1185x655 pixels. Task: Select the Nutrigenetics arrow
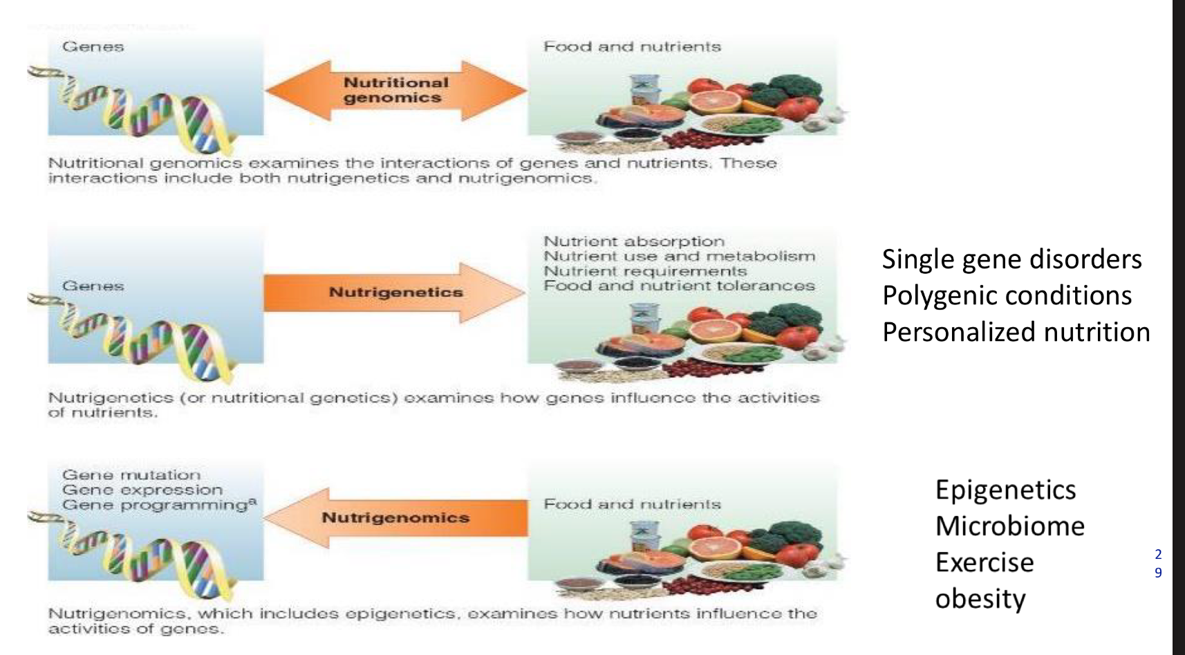tap(395, 293)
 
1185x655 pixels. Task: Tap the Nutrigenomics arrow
tap(395, 518)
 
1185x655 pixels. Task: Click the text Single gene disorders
tap(1011, 259)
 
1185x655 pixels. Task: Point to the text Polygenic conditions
tap(1007, 296)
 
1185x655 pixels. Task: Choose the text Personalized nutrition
tap(1016, 333)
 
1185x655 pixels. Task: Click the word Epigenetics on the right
tap(1005, 490)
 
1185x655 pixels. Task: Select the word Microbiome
tap(1009, 526)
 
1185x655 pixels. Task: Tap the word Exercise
tap(984, 563)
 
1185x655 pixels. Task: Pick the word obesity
tap(980, 599)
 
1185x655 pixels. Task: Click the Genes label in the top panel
tap(93, 47)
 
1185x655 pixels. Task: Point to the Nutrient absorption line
tap(633, 241)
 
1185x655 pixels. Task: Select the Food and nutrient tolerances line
tap(678, 286)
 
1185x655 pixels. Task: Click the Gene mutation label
tap(131, 475)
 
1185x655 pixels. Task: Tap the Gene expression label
tap(142, 490)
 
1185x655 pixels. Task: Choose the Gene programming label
tap(158, 505)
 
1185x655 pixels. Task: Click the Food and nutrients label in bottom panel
tap(631, 504)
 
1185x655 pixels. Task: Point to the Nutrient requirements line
tap(644, 271)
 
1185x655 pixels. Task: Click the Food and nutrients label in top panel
tap(631, 47)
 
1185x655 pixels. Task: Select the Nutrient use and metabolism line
tap(678, 257)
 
